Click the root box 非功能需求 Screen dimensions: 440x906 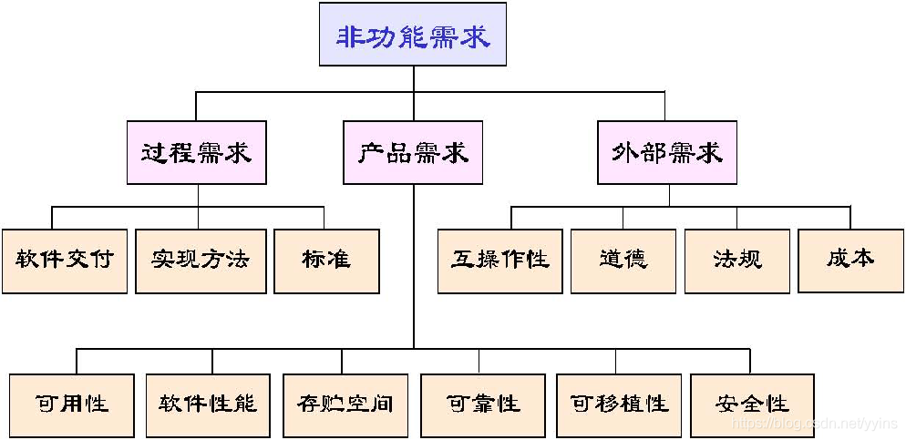[x=413, y=36]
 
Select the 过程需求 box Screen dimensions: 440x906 [x=197, y=152]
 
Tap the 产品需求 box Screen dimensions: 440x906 [x=413, y=152]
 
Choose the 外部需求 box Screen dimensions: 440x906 [x=667, y=152]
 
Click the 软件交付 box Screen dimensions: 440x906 [x=64, y=260]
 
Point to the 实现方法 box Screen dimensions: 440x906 [x=200, y=260]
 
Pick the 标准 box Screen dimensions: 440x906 [x=326, y=260]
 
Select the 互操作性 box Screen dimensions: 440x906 [x=499, y=260]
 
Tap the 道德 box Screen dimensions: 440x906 [x=623, y=260]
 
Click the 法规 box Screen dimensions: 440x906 [x=736, y=260]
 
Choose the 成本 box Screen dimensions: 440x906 [x=850, y=260]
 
